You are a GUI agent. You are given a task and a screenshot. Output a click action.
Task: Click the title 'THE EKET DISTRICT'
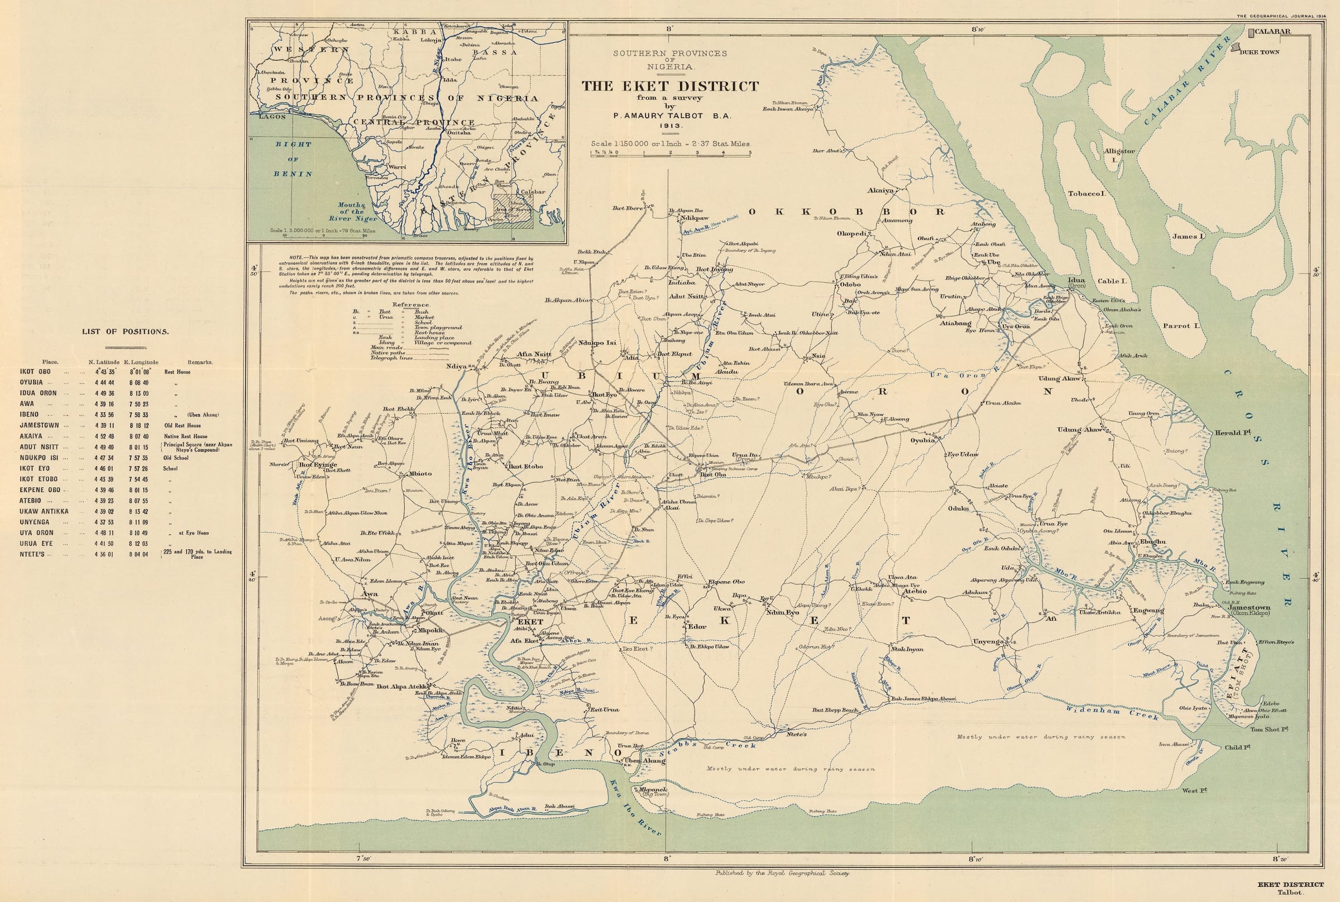click(x=669, y=87)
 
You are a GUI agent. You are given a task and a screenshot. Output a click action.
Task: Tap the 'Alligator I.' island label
click(x=1119, y=154)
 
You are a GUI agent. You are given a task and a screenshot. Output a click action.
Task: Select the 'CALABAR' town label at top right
click(x=1272, y=32)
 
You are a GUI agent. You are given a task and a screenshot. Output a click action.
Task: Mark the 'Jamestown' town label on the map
click(x=1248, y=607)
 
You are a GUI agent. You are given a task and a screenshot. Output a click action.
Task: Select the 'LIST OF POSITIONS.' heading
click(x=125, y=332)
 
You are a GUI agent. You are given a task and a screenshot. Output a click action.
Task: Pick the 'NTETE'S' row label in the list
click(x=36, y=555)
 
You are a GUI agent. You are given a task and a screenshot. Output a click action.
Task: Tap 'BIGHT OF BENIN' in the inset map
click(x=293, y=159)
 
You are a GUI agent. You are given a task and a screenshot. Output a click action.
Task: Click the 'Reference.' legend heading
click(x=411, y=304)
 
